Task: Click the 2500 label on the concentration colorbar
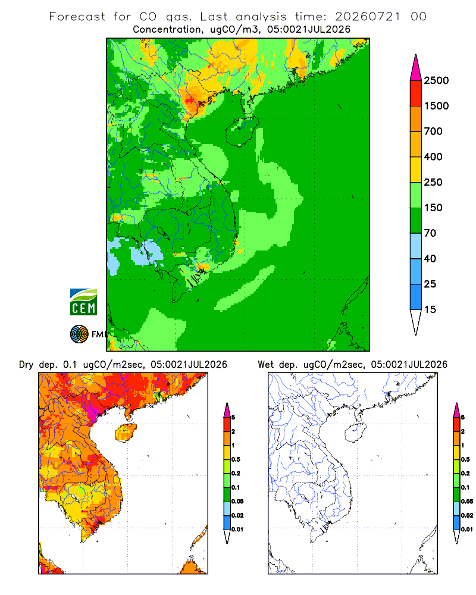tap(436, 80)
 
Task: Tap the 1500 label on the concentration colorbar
tap(436, 106)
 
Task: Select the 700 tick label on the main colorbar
tap(433, 131)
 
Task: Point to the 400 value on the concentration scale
tap(433, 156)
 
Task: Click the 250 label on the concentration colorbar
tap(433, 182)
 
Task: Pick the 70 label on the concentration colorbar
tap(430, 233)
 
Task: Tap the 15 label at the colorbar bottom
tap(430, 309)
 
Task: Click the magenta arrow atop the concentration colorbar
tap(416, 68)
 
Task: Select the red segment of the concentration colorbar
tap(416, 93)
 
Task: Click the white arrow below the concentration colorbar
tap(416, 321)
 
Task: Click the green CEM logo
tap(83, 302)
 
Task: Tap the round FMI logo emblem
tap(79, 334)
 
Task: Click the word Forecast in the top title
tap(77, 17)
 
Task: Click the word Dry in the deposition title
tap(26, 365)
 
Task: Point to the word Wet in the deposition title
tap(265, 365)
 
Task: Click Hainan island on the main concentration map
tap(242, 131)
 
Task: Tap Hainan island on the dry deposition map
tap(126, 433)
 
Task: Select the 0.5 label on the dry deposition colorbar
tap(236, 459)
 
